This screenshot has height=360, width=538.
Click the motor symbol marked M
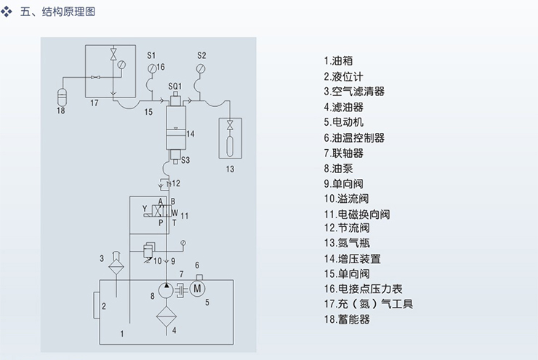click(x=196, y=289)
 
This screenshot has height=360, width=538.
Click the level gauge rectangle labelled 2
click(x=97, y=307)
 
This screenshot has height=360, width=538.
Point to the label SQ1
click(x=174, y=86)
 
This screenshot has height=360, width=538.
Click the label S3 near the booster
click(x=185, y=160)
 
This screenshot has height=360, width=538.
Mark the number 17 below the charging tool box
click(x=94, y=104)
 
